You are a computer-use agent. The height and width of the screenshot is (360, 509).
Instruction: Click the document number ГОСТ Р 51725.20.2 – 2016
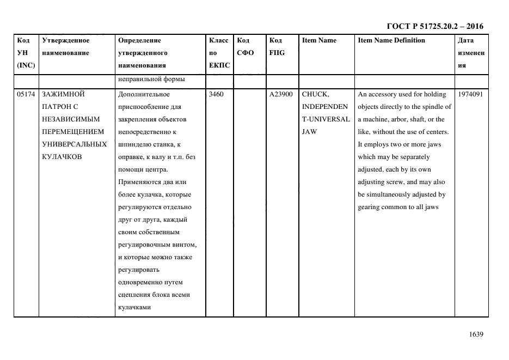(x=434, y=26)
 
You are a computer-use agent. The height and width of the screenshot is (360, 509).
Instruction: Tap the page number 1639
(x=476, y=334)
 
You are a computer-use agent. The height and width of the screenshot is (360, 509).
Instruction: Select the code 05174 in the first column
(x=26, y=94)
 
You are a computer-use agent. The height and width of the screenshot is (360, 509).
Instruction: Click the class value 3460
(x=216, y=94)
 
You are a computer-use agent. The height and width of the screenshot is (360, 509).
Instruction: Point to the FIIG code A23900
(x=281, y=94)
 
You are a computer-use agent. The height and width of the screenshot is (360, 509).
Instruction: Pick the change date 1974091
(x=471, y=94)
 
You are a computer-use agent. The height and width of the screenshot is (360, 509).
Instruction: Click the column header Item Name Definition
(x=391, y=40)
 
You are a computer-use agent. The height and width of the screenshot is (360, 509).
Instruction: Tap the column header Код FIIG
(x=277, y=47)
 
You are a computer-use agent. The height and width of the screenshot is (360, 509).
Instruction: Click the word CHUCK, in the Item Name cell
(x=315, y=94)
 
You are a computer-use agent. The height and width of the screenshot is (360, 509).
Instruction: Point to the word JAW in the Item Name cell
(x=309, y=132)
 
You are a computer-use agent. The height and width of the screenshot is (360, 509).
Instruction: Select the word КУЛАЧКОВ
(x=62, y=157)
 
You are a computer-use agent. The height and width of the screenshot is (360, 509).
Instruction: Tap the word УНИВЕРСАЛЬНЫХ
(x=73, y=144)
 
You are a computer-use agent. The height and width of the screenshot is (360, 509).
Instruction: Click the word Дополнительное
(x=144, y=94)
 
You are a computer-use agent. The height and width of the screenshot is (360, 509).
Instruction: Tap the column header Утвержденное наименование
(x=65, y=47)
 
